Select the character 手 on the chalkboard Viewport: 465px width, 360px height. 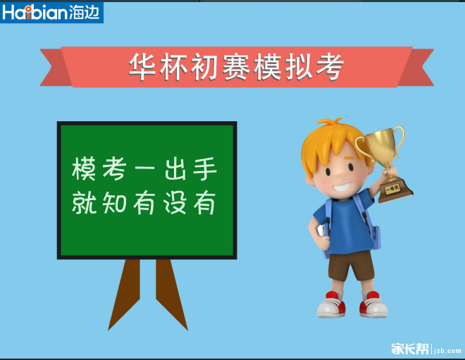coord(204,169)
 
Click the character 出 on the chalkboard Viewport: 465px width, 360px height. coord(175,169)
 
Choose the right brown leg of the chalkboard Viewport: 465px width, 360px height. coord(170,289)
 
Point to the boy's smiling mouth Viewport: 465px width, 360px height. coord(341,188)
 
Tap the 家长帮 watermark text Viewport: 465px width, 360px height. coord(410,348)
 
